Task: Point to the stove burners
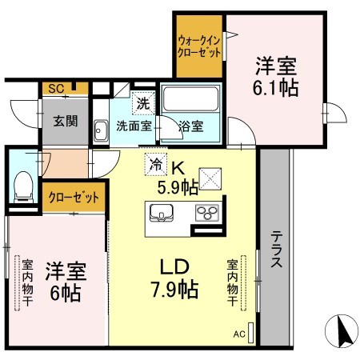point(208,213)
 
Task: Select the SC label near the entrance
point(56,89)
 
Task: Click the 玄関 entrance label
point(66,122)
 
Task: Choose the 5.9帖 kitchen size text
point(178,188)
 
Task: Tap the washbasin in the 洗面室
point(101,130)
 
